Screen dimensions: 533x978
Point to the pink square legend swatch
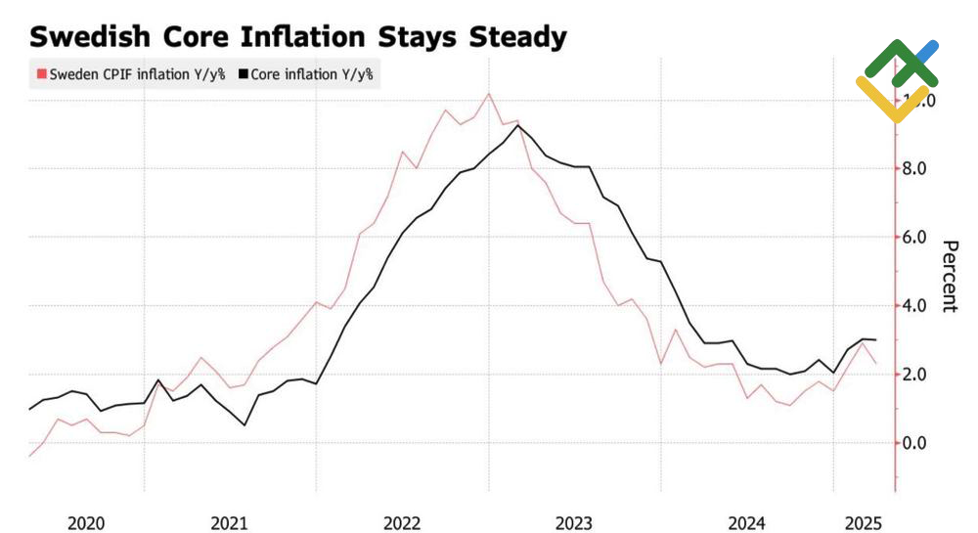[42, 73]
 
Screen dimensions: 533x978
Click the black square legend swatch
[244, 73]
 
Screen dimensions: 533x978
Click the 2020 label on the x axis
[87, 523]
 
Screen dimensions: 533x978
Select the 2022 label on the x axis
[402, 523]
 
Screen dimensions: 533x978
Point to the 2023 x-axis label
[574, 523]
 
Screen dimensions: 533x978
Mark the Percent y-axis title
[948, 276]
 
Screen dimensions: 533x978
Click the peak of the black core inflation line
[517, 125]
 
